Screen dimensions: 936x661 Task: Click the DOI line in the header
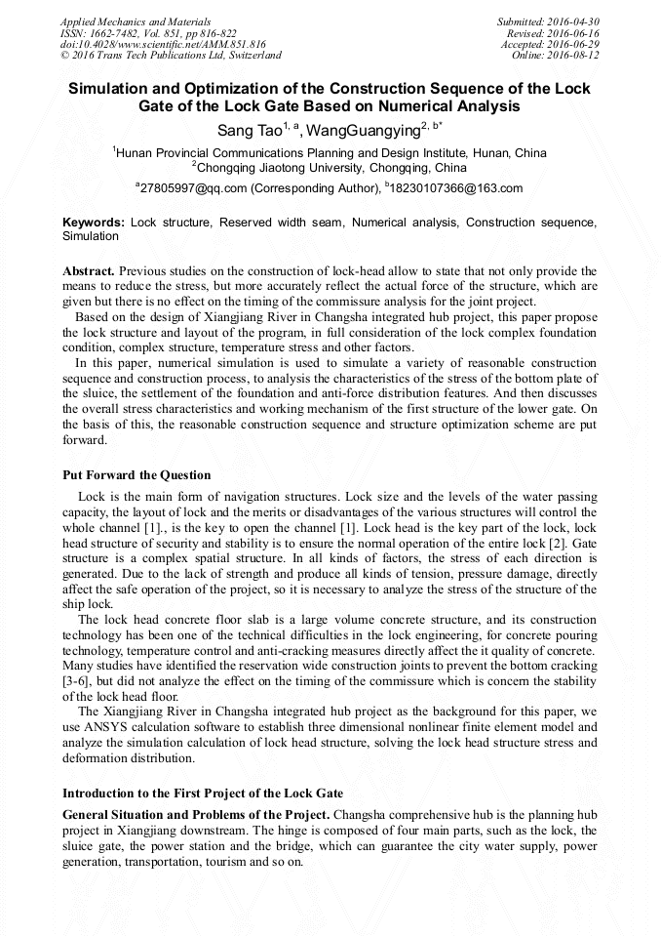pos(163,45)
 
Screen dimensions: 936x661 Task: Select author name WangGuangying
pos(362,130)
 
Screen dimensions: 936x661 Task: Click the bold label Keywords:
pos(94,223)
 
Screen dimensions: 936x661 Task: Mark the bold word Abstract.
pos(90,270)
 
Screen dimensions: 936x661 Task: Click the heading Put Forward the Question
pos(136,475)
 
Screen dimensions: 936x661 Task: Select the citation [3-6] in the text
pos(79,680)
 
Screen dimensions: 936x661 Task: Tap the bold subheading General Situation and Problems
pos(194,815)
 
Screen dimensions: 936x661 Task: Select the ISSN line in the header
pos(148,33)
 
